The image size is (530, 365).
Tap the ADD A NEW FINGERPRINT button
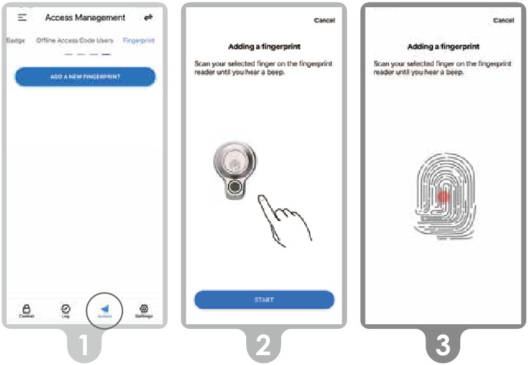[85, 77]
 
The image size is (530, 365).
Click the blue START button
[264, 300]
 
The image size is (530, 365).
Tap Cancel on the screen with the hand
[324, 20]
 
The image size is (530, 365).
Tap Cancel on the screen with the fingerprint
[503, 20]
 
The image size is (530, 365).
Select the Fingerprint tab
[138, 40]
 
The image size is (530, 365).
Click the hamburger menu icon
[22, 17]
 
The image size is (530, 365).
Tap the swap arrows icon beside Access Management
[148, 18]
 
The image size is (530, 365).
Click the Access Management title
[85, 18]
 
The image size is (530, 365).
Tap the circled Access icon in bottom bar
[105, 309]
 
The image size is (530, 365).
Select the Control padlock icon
[27, 309]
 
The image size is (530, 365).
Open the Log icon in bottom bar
[65, 309]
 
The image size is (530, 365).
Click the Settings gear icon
[144, 309]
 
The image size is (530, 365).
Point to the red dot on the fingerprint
[443, 196]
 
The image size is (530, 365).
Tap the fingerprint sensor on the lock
[234, 188]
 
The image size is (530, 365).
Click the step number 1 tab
[85, 346]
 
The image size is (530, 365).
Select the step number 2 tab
[264, 346]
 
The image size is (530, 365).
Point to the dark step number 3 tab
[443, 346]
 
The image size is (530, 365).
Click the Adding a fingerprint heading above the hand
[263, 47]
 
